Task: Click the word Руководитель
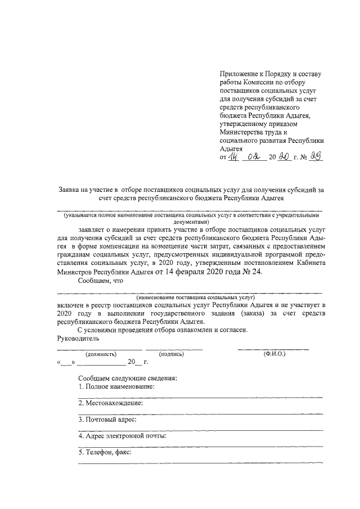pyautogui.click(x=78, y=339)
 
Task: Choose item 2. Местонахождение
pyautogui.click(x=110, y=403)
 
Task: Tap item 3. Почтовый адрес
pyautogui.click(x=107, y=420)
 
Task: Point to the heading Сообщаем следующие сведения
pyautogui.click(x=127, y=378)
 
